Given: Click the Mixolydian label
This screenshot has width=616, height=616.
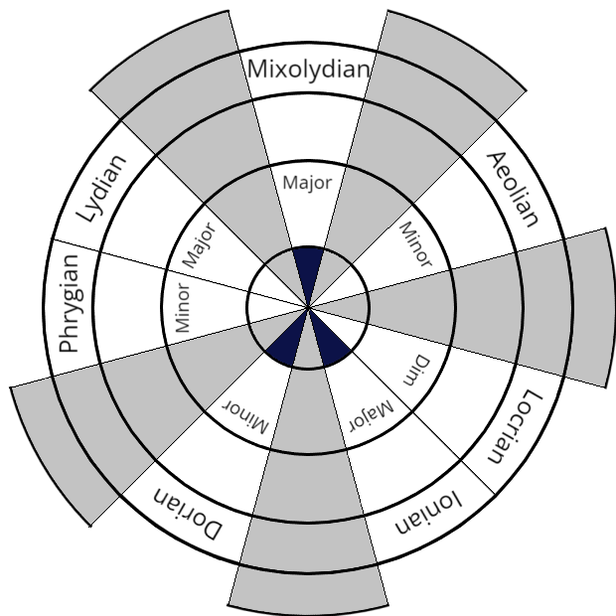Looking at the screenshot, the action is coord(308,70).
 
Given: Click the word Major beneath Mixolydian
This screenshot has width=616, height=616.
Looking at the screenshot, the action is coord(307,183).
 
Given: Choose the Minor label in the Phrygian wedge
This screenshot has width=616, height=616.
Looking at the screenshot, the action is coord(183,308).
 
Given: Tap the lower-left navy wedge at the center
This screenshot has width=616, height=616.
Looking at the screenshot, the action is coord(286,335).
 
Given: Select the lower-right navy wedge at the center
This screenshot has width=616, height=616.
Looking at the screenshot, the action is coord(329,335).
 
